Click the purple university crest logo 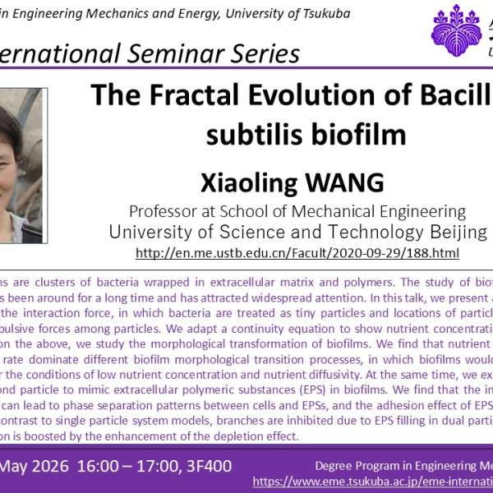coord(457,30)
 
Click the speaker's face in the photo coord(16,131)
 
